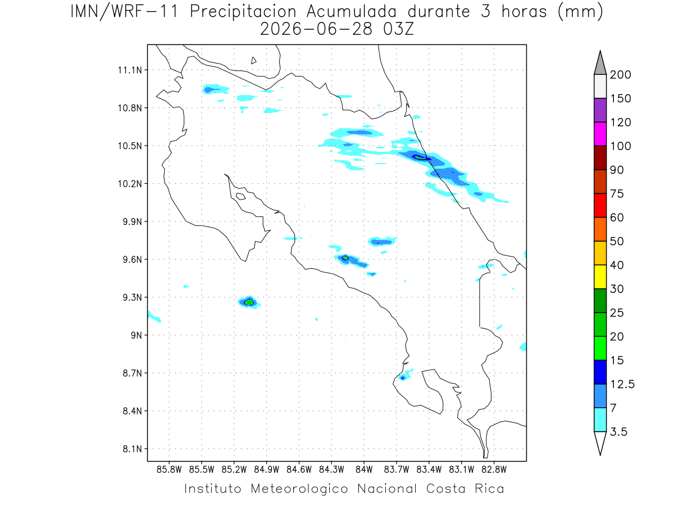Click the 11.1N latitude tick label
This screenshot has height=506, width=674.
pyautogui.click(x=130, y=70)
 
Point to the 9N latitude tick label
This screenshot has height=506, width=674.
pyautogui.click(x=136, y=335)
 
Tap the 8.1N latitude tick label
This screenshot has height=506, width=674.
pyautogui.click(x=133, y=449)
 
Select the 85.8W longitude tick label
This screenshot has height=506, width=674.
pyautogui.click(x=169, y=469)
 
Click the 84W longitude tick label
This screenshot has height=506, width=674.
pyautogui.click(x=364, y=469)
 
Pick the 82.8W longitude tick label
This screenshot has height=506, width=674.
pyautogui.click(x=494, y=469)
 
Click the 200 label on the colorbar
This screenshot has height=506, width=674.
pyautogui.click(x=620, y=75)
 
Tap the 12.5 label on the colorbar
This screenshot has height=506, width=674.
pyautogui.click(x=622, y=385)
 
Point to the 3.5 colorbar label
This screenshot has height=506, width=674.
pyautogui.click(x=618, y=432)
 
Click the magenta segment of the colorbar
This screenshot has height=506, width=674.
pyautogui.click(x=600, y=134)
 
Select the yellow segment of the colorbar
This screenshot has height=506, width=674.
pyautogui.click(x=600, y=277)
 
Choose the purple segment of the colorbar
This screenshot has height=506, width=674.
pyautogui.click(x=600, y=110)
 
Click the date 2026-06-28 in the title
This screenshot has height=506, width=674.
pyautogui.click(x=316, y=29)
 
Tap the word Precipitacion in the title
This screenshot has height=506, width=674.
pyautogui.click(x=243, y=12)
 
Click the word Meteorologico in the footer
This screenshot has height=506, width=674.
pyautogui.click(x=299, y=489)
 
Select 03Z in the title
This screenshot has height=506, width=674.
pyautogui.click(x=399, y=29)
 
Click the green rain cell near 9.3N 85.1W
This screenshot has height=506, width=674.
pyautogui.click(x=249, y=302)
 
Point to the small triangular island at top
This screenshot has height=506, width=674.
pyautogui.click(x=253, y=61)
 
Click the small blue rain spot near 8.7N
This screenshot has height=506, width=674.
pyautogui.click(x=403, y=378)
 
